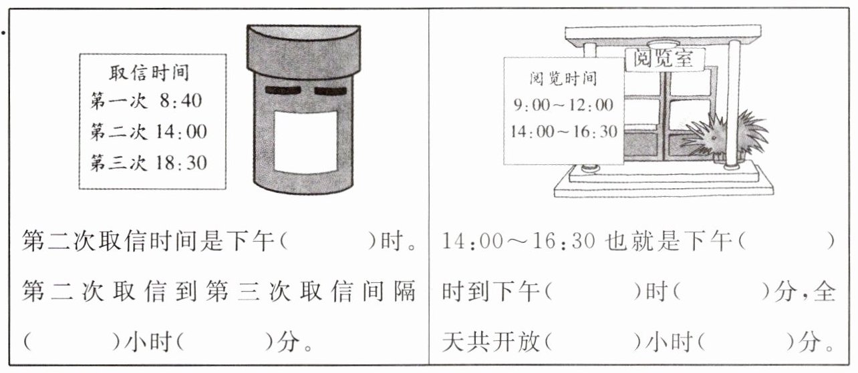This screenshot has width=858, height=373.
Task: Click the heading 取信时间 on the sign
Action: (x=150, y=71)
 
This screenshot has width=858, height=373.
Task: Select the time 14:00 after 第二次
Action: (x=182, y=131)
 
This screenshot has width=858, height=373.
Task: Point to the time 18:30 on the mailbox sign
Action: (x=182, y=162)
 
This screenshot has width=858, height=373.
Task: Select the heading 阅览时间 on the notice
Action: (x=563, y=79)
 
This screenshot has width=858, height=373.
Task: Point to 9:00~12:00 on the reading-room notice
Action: (x=562, y=105)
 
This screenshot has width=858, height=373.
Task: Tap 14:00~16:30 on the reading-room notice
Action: (x=563, y=131)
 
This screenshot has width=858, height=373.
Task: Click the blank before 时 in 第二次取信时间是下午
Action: (x=327, y=241)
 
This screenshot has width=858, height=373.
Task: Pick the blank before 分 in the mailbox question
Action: (x=225, y=344)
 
